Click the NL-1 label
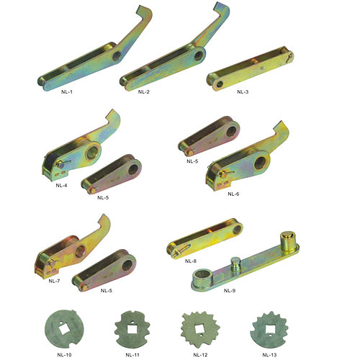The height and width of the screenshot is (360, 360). [x=67, y=91]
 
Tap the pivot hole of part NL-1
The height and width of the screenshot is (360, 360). [x=117, y=56]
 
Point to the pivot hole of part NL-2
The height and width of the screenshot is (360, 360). [x=198, y=55]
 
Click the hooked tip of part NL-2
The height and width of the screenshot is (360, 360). [x=219, y=6]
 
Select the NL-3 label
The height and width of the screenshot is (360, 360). [x=243, y=91]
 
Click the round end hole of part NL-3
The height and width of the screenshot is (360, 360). [x=220, y=84]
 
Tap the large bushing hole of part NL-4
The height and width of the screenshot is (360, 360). [x=92, y=152]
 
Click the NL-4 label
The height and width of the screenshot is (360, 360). [x=61, y=185]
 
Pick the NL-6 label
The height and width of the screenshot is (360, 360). [x=233, y=194]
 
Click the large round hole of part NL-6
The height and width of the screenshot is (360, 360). [x=260, y=163]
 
